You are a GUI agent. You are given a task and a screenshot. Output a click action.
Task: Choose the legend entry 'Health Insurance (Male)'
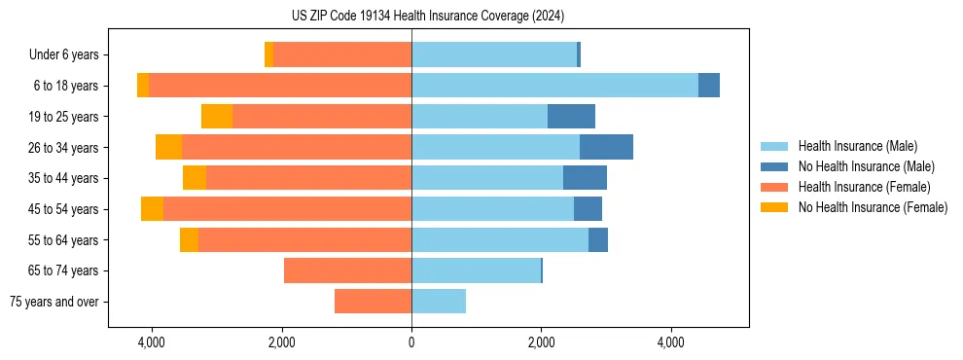point(857,146)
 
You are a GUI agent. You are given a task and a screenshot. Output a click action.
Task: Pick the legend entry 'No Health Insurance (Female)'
point(873,207)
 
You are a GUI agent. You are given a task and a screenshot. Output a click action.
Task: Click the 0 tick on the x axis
point(411,342)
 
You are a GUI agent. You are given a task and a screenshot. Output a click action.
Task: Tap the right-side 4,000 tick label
point(671,342)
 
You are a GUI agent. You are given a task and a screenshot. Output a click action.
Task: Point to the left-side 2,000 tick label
point(281,342)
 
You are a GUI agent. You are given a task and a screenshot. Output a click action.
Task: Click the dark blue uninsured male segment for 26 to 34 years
point(606,148)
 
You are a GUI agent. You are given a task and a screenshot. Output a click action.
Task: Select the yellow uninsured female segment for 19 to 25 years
point(217,117)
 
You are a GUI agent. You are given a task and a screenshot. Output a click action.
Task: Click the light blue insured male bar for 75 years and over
point(439,302)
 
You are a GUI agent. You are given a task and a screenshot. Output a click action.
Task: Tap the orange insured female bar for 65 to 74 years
point(347,270)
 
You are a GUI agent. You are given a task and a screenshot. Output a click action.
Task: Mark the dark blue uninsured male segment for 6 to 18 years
point(709,86)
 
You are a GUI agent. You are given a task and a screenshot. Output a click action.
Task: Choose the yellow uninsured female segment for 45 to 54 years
point(152,209)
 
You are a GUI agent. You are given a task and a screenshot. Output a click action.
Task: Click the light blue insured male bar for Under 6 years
point(494,55)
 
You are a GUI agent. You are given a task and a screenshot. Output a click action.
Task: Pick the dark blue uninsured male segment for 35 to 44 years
point(585,178)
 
